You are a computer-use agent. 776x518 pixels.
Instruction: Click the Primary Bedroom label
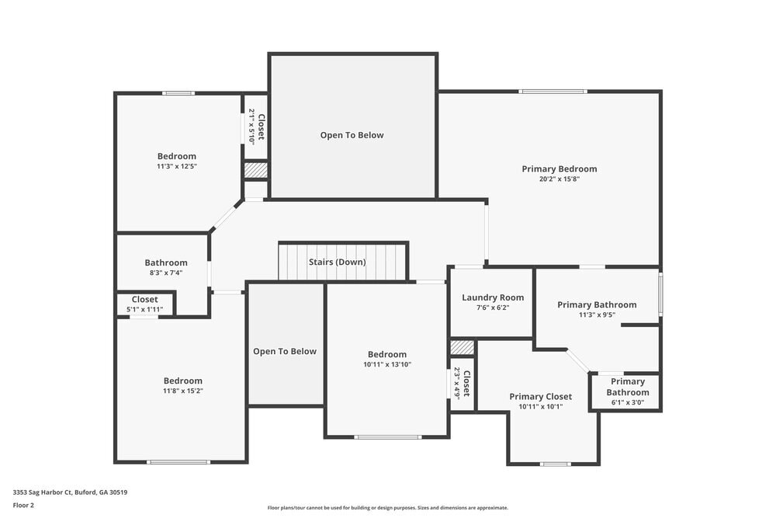tap(559, 169)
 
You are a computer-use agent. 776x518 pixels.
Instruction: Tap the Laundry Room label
tap(493, 297)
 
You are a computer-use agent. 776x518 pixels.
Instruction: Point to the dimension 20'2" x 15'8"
tap(559, 179)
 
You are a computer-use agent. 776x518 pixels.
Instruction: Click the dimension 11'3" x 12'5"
tap(177, 166)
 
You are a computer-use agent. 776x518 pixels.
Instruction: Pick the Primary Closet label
tap(541, 396)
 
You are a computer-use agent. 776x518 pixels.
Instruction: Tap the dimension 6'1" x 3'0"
tap(628, 402)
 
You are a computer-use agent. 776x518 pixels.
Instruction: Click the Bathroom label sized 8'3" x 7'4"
tap(166, 262)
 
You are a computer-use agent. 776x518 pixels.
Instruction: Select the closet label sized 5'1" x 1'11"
tap(145, 299)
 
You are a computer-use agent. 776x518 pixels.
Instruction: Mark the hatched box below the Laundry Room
tap(462, 347)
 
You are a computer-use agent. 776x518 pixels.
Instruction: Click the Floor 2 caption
tap(23, 505)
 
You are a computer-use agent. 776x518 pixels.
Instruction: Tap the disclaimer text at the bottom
tap(388, 508)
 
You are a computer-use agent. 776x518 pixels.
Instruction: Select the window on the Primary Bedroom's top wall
tap(553, 92)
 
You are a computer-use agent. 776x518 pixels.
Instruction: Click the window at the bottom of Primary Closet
tap(554, 464)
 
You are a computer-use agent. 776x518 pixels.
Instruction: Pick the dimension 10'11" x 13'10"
tap(386, 364)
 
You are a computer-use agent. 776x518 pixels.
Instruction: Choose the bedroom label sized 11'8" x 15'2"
tap(183, 381)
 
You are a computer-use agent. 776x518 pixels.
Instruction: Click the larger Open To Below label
tap(352, 135)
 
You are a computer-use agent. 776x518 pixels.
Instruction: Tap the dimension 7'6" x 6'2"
tap(493, 308)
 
